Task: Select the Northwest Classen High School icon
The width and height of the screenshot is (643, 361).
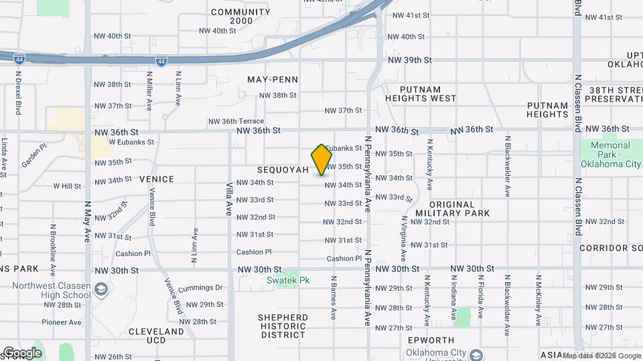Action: click(x=100, y=289)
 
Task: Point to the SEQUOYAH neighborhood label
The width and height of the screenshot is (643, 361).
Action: click(x=283, y=170)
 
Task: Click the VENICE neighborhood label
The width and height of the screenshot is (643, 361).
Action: click(x=156, y=179)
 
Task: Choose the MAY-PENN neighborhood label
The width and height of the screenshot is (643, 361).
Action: click(x=273, y=80)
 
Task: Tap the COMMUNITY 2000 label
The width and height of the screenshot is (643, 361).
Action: click(x=232, y=17)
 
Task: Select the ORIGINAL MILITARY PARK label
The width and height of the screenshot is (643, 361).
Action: click(x=452, y=209)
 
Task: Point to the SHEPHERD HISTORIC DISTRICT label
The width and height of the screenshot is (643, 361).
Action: click(x=284, y=326)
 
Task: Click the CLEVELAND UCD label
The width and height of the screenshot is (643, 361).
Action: click(x=156, y=336)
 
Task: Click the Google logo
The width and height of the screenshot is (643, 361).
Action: click(x=21, y=353)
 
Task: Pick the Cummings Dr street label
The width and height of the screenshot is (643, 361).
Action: click(x=200, y=287)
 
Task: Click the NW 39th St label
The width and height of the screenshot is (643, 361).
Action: click(x=409, y=60)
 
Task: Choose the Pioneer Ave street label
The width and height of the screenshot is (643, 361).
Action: click(x=61, y=322)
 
